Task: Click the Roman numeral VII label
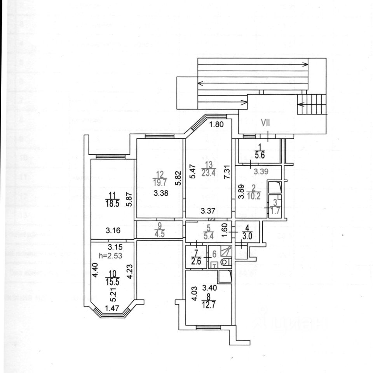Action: (265, 123)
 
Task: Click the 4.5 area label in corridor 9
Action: (159, 234)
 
